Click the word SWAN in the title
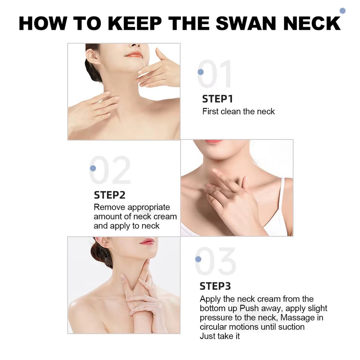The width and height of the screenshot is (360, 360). pos(246,24)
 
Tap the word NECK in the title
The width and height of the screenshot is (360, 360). pos(312,24)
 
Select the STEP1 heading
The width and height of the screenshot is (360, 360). pos(217,99)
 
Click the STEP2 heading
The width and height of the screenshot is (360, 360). pos(110,195)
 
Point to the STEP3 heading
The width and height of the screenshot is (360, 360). pos(215,286)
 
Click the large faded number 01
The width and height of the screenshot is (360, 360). pos(214,73)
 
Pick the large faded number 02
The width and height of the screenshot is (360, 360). pos(110,170)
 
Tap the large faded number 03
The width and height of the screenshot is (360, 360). pos(216,261)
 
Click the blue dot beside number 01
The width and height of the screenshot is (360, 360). pos(201,72)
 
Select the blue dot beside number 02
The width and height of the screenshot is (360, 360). pos(93,168)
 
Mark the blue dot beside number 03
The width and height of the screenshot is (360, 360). pos(198,259)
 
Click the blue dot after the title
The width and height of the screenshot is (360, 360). pos(342,11)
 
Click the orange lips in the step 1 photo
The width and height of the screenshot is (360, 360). pos(134,54)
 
